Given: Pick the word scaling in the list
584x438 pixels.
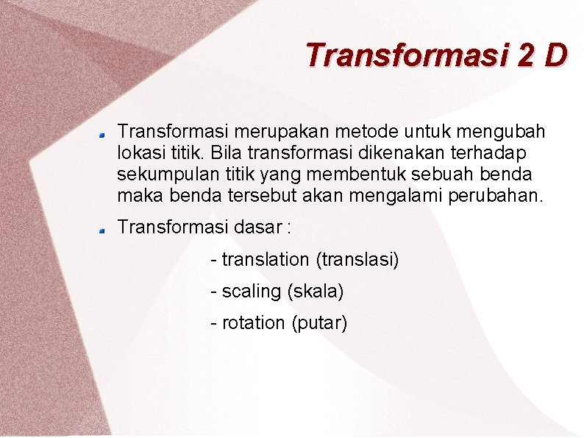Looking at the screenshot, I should [x=251, y=292].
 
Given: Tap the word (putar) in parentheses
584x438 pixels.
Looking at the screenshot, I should [x=319, y=323].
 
